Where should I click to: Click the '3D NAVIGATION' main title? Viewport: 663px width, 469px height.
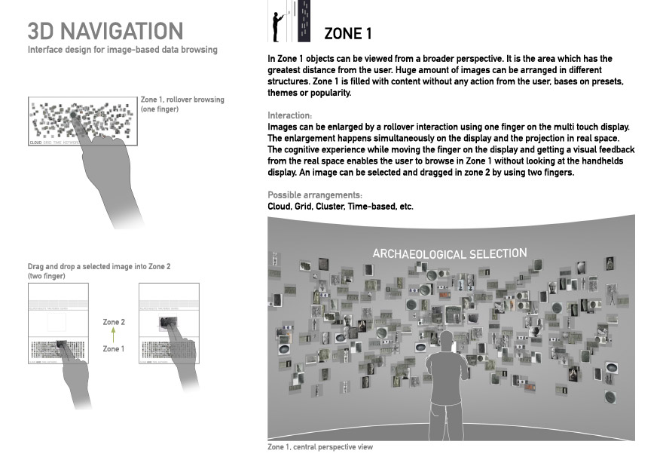(x=105, y=31)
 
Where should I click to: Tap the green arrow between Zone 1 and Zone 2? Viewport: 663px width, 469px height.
(x=112, y=335)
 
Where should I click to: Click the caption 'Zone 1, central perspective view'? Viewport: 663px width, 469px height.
(x=320, y=447)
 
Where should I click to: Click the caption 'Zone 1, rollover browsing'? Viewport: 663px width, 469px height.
(x=182, y=100)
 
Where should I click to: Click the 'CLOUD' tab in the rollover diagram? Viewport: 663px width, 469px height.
(x=35, y=142)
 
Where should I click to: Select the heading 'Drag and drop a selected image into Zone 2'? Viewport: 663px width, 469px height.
(x=99, y=267)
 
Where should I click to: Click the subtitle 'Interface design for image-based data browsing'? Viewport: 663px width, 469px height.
(x=122, y=50)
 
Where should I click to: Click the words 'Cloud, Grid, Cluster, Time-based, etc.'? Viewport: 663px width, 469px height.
(x=341, y=206)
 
